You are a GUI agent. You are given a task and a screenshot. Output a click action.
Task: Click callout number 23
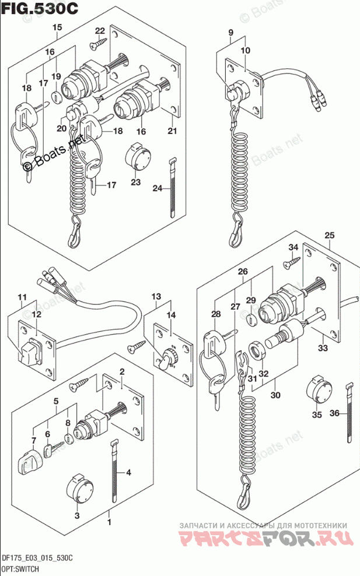135,182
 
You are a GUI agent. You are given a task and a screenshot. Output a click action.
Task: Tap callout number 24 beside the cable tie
157,188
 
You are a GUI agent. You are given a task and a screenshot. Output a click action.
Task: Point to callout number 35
316,415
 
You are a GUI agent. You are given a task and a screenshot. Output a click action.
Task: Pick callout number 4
129,472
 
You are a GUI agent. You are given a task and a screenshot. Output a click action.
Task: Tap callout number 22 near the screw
100,31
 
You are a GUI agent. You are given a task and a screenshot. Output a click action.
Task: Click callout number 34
292,247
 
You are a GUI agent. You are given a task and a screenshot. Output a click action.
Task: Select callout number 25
330,236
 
